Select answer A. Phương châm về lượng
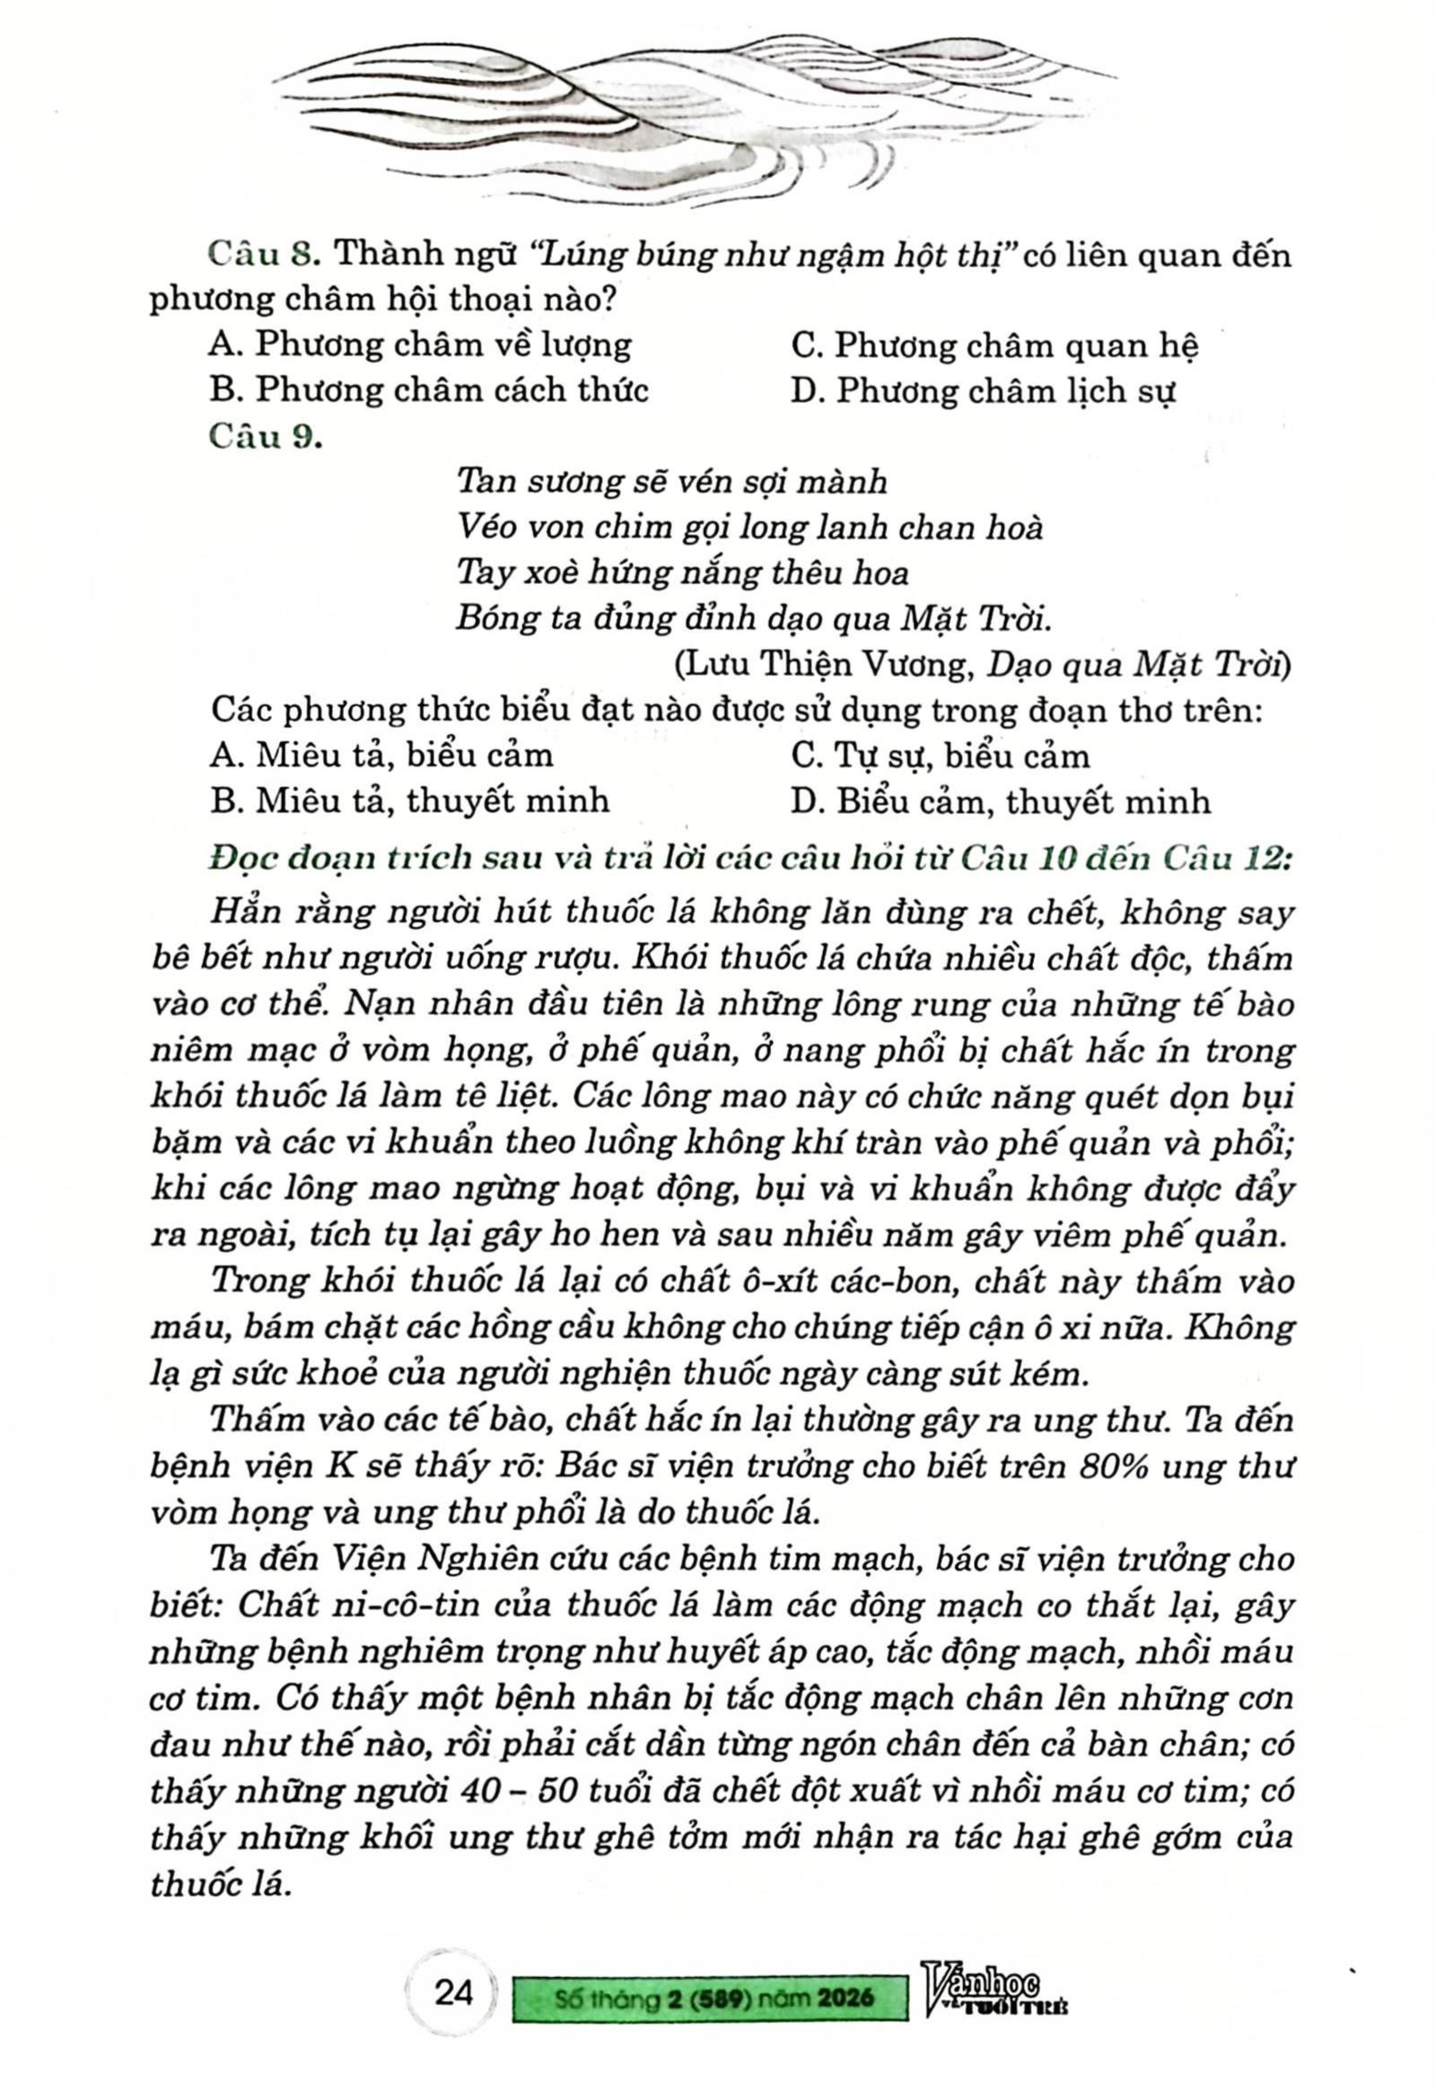[x=420, y=345]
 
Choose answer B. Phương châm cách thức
[x=428, y=390]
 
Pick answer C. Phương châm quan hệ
[x=994, y=346]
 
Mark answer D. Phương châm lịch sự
[x=984, y=391]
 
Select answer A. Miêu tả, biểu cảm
[x=381, y=755]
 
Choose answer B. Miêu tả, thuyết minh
[x=409, y=800]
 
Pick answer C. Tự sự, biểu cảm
[x=940, y=755]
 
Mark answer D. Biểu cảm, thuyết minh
[x=1001, y=800]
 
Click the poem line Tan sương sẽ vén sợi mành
[x=672, y=481]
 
